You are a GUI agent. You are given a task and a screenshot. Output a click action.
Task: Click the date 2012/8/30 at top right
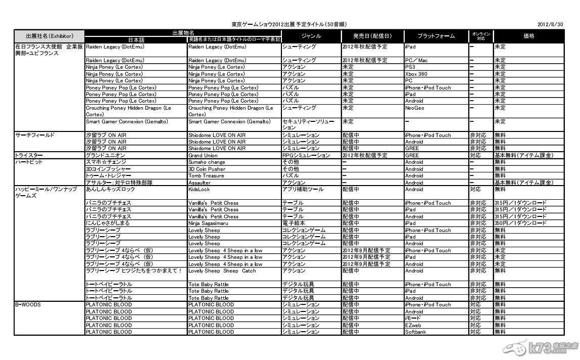(x=551, y=24)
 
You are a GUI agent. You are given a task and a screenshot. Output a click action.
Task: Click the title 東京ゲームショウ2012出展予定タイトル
(x=289, y=24)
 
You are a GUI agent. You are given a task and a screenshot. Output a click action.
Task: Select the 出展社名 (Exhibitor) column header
(x=50, y=36)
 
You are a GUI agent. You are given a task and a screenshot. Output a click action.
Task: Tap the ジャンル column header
(x=311, y=36)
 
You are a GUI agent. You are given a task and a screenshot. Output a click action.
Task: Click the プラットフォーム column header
(x=436, y=36)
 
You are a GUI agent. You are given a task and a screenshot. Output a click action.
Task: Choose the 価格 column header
(x=529, y=36)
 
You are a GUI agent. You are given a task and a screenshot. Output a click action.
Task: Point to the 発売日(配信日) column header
(x=372, y=36)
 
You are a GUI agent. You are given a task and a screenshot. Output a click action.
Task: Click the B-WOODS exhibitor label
(x=28, y=305)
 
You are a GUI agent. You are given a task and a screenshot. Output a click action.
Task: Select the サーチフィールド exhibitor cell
(x=34, y=136)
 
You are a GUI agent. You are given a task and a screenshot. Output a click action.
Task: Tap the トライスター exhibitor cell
(x=29, y=156)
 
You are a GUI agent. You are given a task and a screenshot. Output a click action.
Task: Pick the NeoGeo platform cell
(x=414, y=108)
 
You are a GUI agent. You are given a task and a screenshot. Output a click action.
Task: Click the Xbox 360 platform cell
(x=416, y=74)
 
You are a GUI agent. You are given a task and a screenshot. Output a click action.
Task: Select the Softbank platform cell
(x=416, y=332)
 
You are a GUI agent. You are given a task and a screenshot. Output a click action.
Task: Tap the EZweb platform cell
(x=414, y=326)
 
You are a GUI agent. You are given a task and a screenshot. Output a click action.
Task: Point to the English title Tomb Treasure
(x=206, y=176)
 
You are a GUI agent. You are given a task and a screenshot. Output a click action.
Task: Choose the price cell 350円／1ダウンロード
(x=520, y=223)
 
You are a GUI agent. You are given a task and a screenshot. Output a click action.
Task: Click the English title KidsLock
(x=199, y=190)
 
